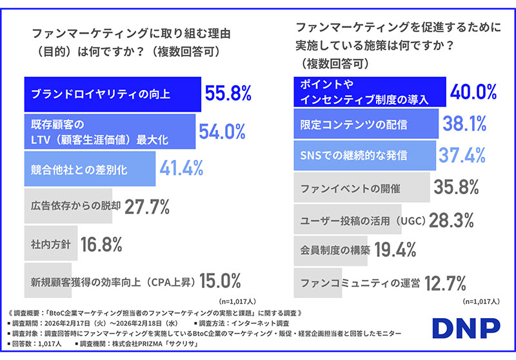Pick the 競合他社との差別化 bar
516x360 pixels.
89,169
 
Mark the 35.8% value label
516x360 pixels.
456,188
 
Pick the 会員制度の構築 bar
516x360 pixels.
332,251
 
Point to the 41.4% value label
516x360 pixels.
181,169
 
